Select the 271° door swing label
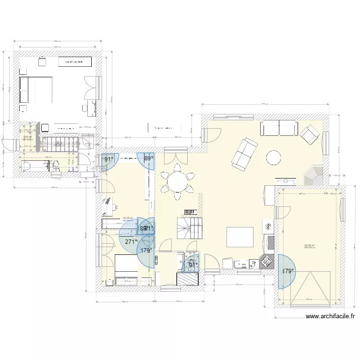130,242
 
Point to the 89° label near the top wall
149,158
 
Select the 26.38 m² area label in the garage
309,246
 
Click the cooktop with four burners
265,262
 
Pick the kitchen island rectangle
240,237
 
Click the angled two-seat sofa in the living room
244,154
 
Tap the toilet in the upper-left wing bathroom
54,165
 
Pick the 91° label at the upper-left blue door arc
109,159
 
